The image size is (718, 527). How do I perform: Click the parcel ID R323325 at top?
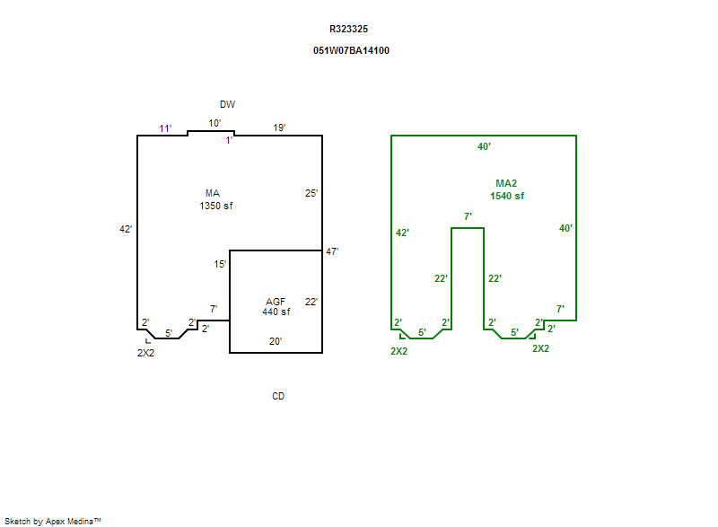348,30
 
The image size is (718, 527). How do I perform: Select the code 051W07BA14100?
351,51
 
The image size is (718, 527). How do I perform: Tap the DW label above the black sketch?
227,105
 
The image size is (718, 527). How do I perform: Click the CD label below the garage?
278,396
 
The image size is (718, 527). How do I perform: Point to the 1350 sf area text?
216,206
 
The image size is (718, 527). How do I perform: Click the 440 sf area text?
276,312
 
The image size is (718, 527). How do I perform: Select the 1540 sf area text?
507,196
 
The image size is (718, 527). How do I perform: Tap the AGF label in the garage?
276,301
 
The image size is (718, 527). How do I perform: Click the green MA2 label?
506,184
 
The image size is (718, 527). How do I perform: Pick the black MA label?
213,194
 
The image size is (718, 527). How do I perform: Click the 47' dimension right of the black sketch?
331,252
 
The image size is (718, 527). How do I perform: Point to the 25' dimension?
311,193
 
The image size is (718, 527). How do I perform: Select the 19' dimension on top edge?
280,128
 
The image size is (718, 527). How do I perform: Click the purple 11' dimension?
165,129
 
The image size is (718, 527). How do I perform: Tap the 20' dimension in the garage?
276,341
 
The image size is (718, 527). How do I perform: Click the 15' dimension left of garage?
220,265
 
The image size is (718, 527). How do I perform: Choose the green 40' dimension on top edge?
484,146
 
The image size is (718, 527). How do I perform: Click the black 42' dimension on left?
126,230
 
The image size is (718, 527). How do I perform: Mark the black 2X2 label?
145,354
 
